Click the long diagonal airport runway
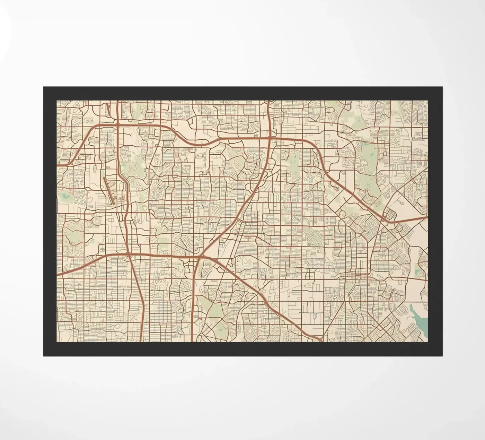pyautogui.click(x=109, y=190)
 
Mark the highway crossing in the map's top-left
pyautogui.click(x=118, y=124)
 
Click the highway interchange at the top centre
pyautogui.click(x=270, y=138)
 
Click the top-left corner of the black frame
pyautogui.click(x=44, y=87)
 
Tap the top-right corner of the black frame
pyautogui.click(x=442, y=87)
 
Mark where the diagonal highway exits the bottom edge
pyautogui.click(x=322, y=341)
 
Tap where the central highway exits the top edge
pyautogui.click(x=269, y=101)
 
